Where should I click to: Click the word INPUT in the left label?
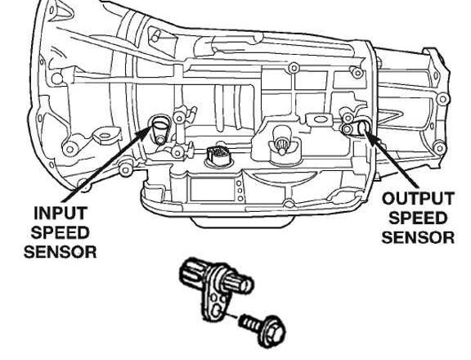click(60, 213)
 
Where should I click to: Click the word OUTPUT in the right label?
click(418, 199)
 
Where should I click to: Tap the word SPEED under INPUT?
click(60, 232)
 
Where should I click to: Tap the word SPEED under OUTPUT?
click(418, 218)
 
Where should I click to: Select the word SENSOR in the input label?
click(60, 251)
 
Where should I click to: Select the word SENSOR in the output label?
click(418, 237)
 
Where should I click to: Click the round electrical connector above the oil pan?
click(218, 155)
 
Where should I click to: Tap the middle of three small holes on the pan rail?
click(240, 191)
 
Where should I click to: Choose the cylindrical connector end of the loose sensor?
click(191, 272)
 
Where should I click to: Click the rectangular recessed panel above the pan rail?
click(212, 189)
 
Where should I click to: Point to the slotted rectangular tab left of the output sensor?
click(318, 119)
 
